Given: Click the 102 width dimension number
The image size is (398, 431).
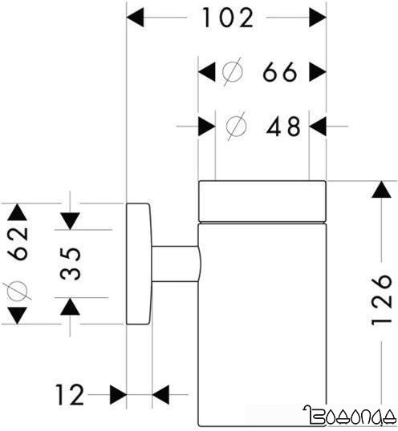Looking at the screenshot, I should coord(225,17).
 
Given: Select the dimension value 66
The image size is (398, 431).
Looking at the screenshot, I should coord(280,73).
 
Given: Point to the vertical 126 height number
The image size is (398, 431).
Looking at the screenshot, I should coord(384,300).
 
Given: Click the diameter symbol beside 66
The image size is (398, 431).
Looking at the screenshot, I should coord(231,73).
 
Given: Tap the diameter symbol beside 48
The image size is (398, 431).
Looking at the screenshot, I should coord(236,126).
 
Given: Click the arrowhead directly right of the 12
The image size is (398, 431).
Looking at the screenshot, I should coord(118,394).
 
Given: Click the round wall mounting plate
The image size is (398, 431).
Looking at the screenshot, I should coord(138,264).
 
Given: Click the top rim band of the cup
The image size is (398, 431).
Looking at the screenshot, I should coord(262,199).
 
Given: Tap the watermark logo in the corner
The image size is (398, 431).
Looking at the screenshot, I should coord(349,416).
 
